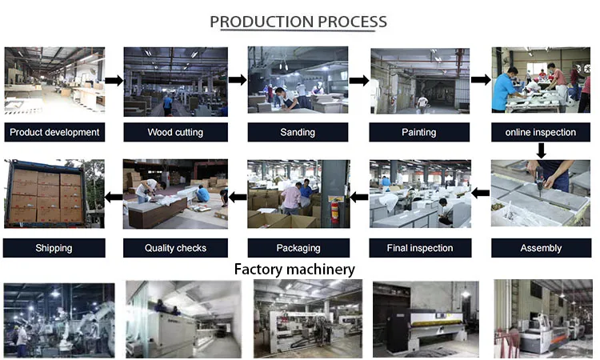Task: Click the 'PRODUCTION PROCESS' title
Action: pyautogui.click(x=298, y=22)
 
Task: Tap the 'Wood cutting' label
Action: pyautogui.click(x=175, y=132)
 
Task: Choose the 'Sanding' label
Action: pyautogui.click(x=298, y=132)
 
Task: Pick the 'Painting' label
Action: pyautogui.click(x=419, y=132)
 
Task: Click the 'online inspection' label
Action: pyautogui.click(x=542, y=132)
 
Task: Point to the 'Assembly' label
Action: pyautogui.click(x=542, y=248)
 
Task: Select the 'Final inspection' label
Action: pyautogui.click(x=419, y=248)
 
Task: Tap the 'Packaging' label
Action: pyautogui.click(x=298, y=248)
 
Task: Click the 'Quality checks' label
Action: pyautogui.click(x=175, y=248)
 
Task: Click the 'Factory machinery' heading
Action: pyautogui.click(x=294, y=270)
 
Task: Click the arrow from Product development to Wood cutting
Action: pyautogui.click(x=114, y=80)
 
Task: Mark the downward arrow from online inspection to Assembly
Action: pyautogui.click(x=542, y=150)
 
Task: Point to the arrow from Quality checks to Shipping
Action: pyautogui.click(x=114, y=196)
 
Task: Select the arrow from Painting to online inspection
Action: pyautogui.click(x=480, y=80)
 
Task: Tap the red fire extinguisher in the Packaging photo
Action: pyautogui.click(x=334, y=210)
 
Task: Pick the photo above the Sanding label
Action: pyautogui.click(x=298, y=80)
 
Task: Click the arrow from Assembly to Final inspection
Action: pyautogui.click(x=480, y=192)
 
